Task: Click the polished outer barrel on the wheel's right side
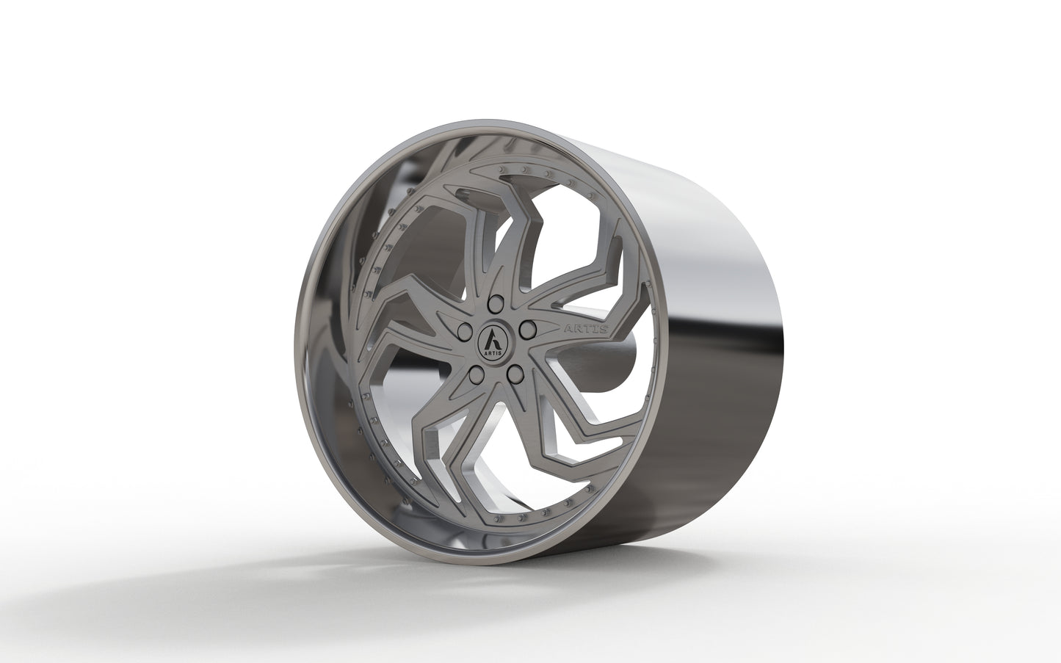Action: [705, 330]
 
